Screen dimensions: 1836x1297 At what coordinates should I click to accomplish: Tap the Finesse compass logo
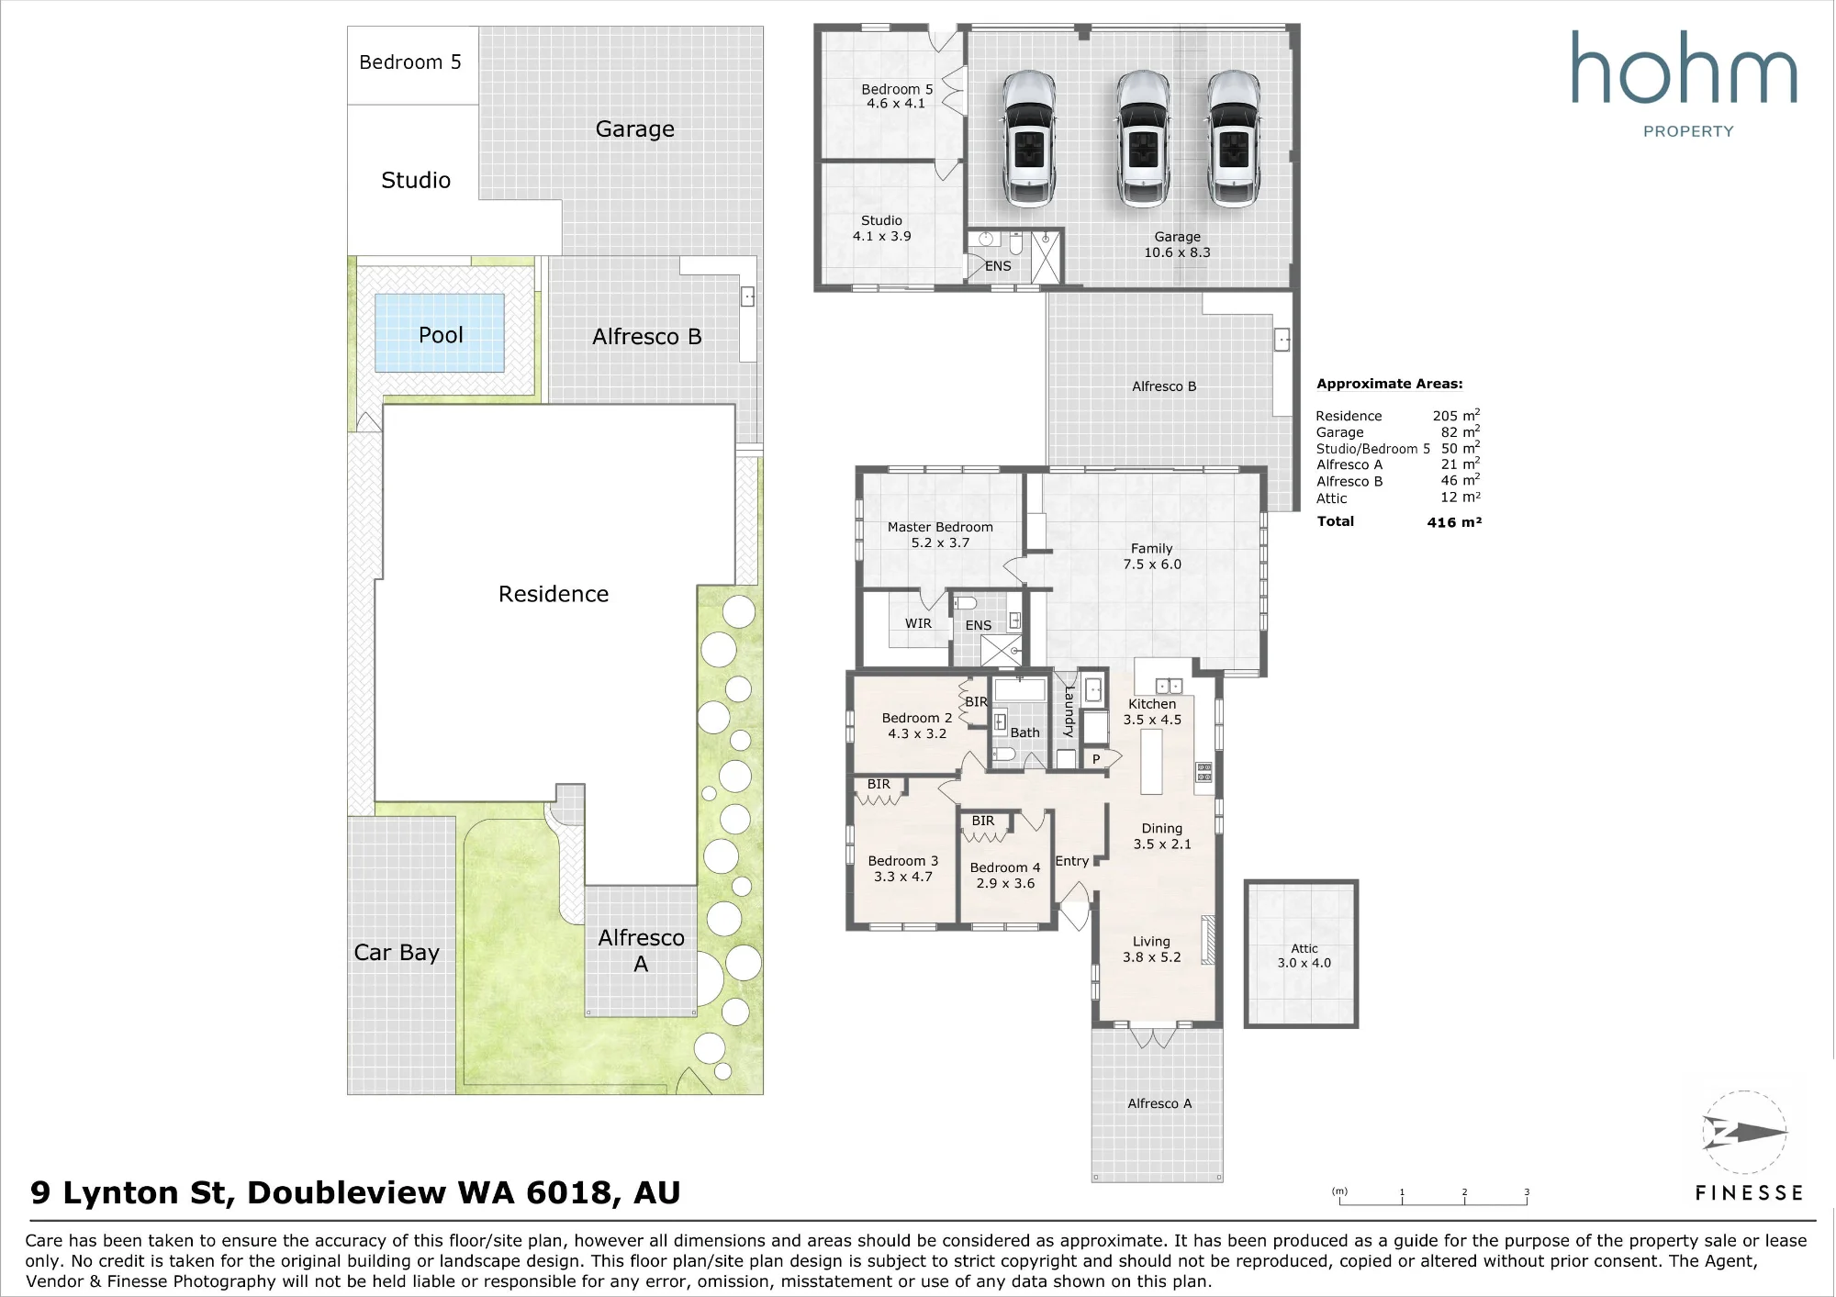pos(1744,1133)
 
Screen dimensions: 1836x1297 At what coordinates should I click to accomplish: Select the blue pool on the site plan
pos(440,333)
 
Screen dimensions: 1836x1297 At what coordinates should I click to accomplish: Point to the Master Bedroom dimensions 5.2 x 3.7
pos(940,542)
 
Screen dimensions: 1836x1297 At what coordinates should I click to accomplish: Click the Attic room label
pos(1304,948)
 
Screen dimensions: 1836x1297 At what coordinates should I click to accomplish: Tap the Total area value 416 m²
pos(1454,521)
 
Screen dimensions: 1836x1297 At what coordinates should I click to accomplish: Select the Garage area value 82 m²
pos(1460,431)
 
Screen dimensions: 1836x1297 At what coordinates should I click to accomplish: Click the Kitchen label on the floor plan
pos(1152,704)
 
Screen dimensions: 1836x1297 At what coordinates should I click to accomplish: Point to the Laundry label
pos(1069,711)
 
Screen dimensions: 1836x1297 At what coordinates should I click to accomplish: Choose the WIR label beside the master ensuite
pos(918,623)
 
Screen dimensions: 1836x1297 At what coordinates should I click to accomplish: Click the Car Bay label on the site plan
pos(397,953)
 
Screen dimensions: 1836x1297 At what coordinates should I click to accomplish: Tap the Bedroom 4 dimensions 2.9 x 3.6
pos(1005,883)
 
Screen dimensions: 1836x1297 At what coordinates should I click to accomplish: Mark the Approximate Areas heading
pos(1390,384)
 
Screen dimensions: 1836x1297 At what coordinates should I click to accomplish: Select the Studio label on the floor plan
pos(881,220)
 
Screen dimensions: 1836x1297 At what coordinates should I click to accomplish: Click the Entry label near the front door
pos(1072,861)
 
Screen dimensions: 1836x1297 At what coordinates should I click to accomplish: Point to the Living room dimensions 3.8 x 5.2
pos(1151,956)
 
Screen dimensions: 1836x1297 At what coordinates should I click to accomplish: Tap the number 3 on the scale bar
pos(1527,1192)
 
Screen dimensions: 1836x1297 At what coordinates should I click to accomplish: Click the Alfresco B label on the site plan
pos(647,337)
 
